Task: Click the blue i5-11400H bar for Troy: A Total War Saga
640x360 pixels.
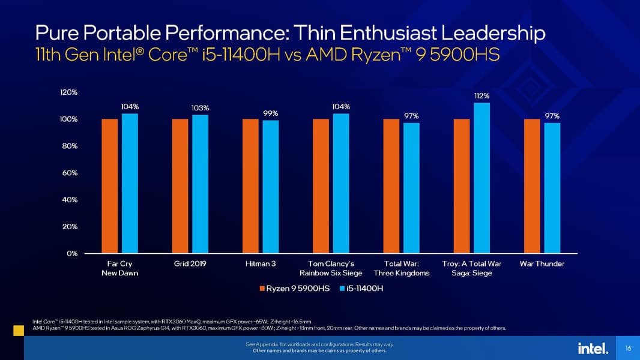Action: pyautogui.click(x=482, y=178)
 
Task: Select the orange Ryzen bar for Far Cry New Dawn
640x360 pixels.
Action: pyautogui.click(x=110, y=186)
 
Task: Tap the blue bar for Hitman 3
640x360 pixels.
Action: pyautogui.click(x=271, y=187)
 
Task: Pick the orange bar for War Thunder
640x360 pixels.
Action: pyautogui.click(x=532, y=186)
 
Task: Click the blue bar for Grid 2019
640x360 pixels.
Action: pyautogui.click(x=200, y=184)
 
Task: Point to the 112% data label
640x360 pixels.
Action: pyautogui.click(x=482, y=95)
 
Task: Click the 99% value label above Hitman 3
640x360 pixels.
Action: pyautogui.click(x=271, y=113)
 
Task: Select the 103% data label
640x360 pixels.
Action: pyautogui.click(x=200, y=108)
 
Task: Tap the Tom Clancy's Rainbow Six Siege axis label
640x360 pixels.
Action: pyautogui.click(x=331, y=268)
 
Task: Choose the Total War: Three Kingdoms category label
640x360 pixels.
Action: pyautogui.click(x=406, y=268)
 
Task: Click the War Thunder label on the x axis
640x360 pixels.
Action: pyautogui.click(x=542, y=263)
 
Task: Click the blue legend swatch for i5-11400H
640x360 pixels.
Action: pyautogui.click(x=342, y=289)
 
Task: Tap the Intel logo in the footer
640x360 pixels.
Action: pyautogui.click(x=593, y=348)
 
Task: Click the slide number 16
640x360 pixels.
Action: pyautogui.click(x=628, y=348)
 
